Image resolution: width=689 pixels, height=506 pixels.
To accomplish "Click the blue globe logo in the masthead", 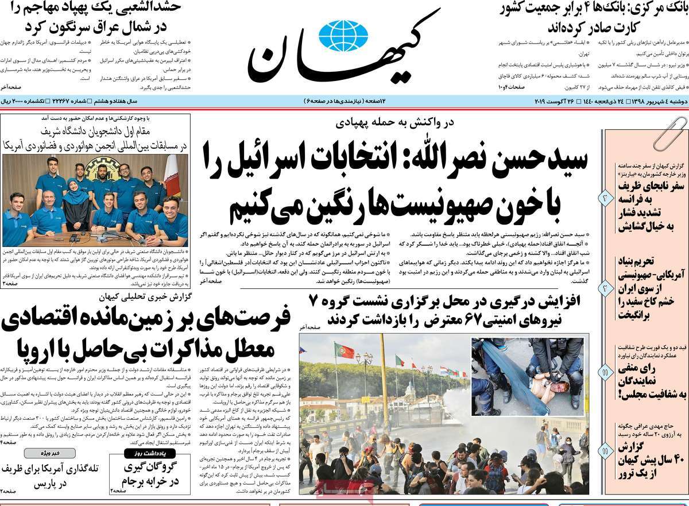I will (x=343, y=35).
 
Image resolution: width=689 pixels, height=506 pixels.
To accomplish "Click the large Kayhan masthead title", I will (x=344, y=49).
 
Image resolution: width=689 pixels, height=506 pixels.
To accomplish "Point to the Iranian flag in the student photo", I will (x=172, y=175).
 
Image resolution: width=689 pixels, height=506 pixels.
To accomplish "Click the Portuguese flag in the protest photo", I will (x=344, y=350).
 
